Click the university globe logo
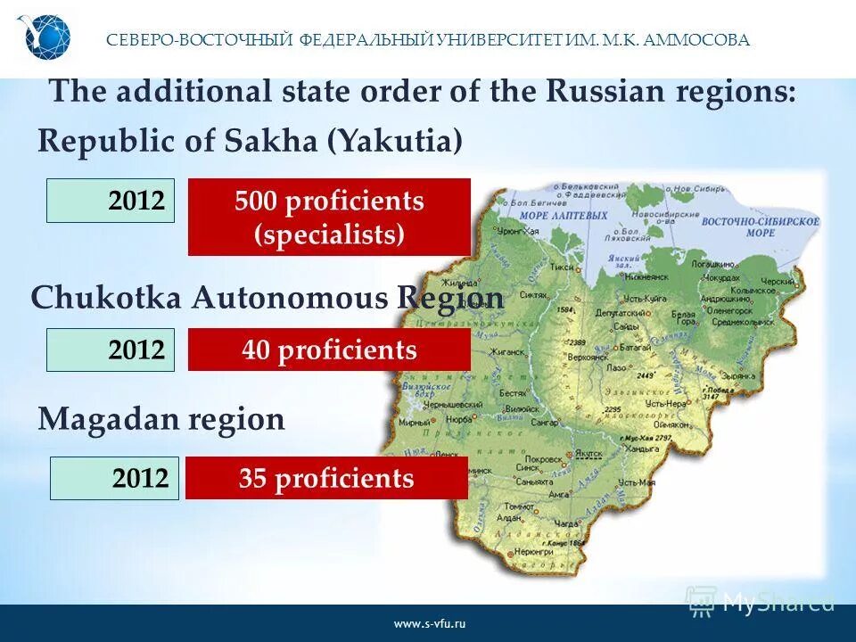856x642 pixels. pos(43,38)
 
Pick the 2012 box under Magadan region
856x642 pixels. pos(114,478)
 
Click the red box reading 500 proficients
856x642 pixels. pos(329,217)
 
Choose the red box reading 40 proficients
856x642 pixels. pos(329,350)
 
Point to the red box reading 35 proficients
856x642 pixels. pos(326,478)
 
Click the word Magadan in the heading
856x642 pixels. pos(98,419)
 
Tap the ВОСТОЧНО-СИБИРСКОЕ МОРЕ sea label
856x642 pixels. pos(772,225)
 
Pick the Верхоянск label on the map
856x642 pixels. pos(588,357)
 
